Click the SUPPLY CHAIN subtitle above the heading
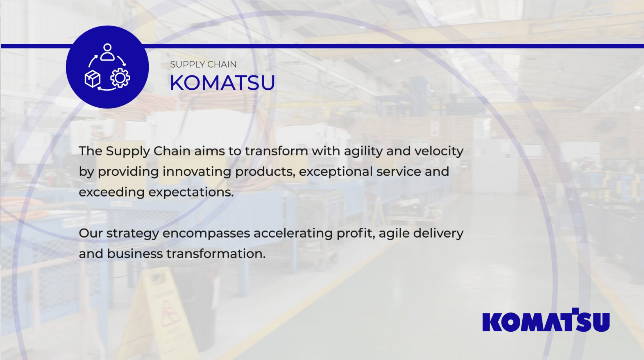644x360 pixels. click(203, 64)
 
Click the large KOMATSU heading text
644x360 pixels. click(222, 83)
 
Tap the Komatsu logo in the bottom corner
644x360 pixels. click(546, 320)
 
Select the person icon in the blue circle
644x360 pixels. click(107, 52)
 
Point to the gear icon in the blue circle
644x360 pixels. click(120, 78)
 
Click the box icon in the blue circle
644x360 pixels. click(93, 79)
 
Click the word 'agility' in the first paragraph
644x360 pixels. click(363, 152)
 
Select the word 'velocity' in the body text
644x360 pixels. click(439, 152)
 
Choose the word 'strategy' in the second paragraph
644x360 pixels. click(133, 234)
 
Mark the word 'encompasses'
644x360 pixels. click(206, 234)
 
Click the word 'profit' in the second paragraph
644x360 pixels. click(356, 233)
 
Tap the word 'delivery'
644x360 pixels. click(438, 233)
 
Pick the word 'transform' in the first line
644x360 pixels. click(277, 151)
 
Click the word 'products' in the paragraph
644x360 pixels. click(265, 172)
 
